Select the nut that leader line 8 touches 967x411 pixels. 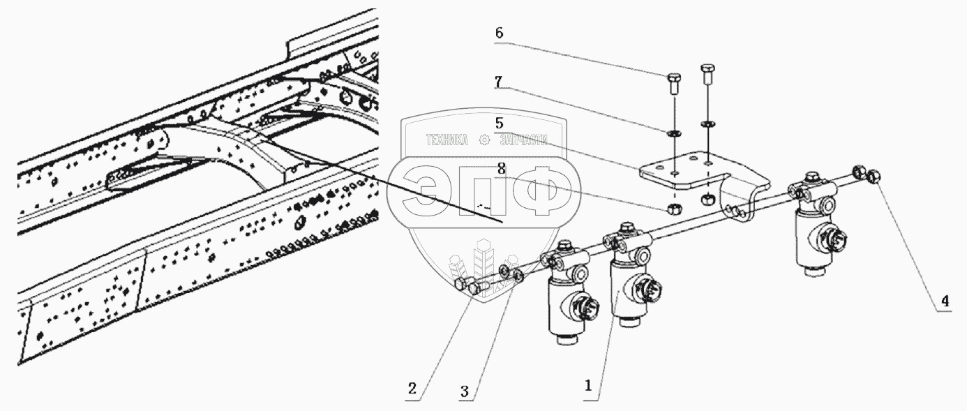pyautogui.click(x=674, y=208)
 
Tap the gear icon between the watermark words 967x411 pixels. pyautogui.click(x=483, y=141)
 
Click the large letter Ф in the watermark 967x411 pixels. pyautogui.click(x=542, y=190)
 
